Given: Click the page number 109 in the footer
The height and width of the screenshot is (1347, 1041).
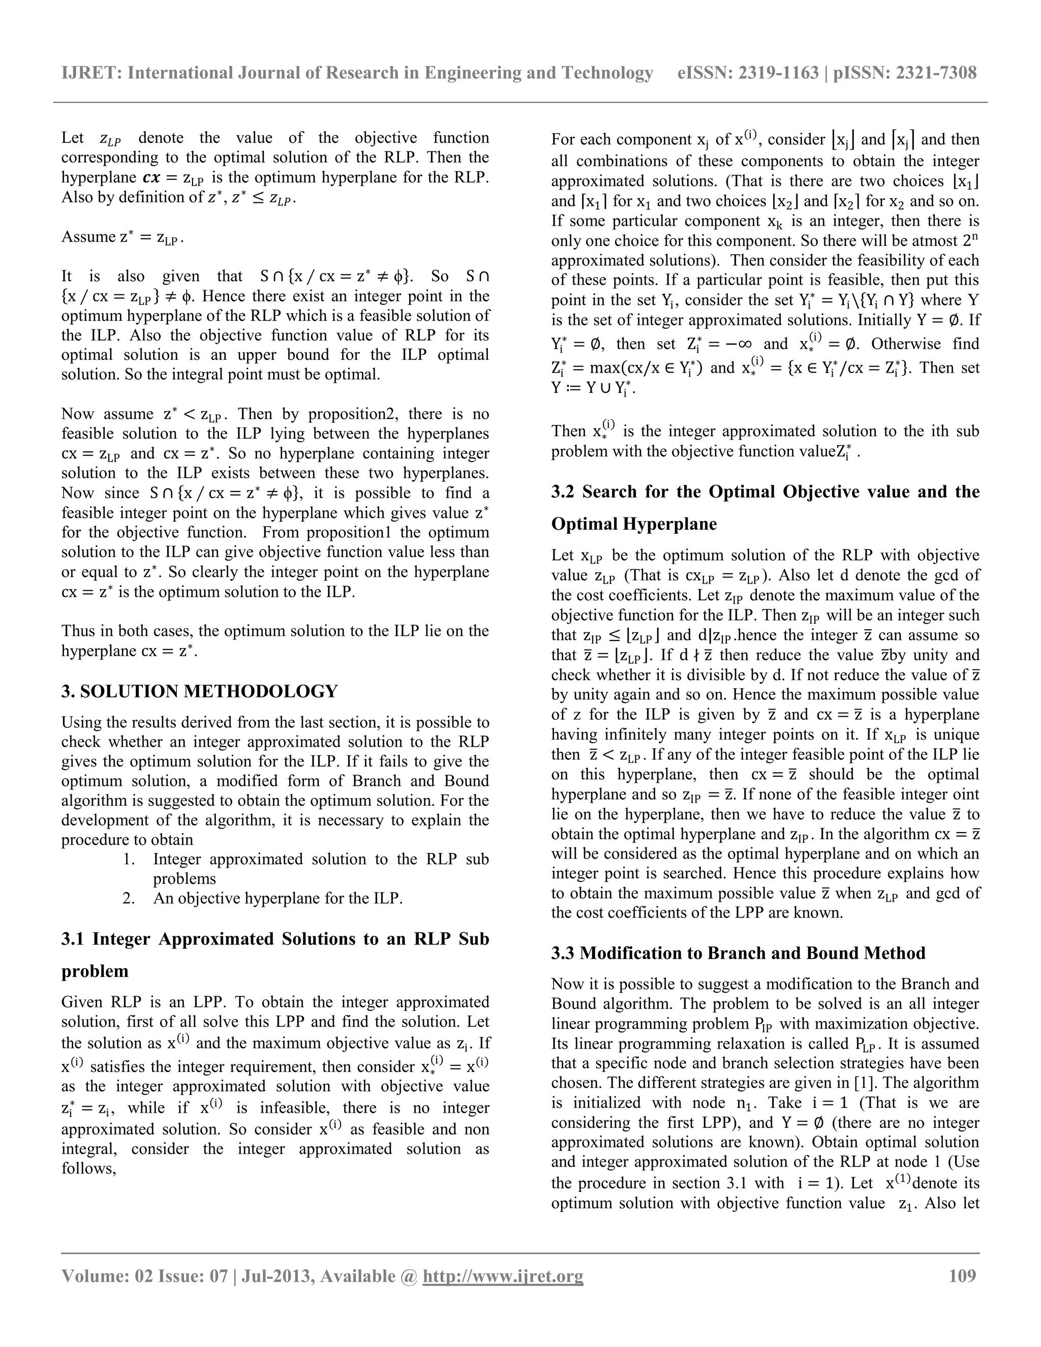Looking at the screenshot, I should click(962, 1275).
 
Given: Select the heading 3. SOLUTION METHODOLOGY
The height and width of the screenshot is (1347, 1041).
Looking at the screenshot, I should click(199, 691).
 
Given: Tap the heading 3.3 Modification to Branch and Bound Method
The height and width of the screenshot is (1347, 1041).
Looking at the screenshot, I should click(738, 953).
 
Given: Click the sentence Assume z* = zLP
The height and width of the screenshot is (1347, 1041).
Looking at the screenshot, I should click(122, 237).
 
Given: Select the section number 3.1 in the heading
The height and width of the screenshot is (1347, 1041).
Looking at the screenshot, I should click(74, 939).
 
